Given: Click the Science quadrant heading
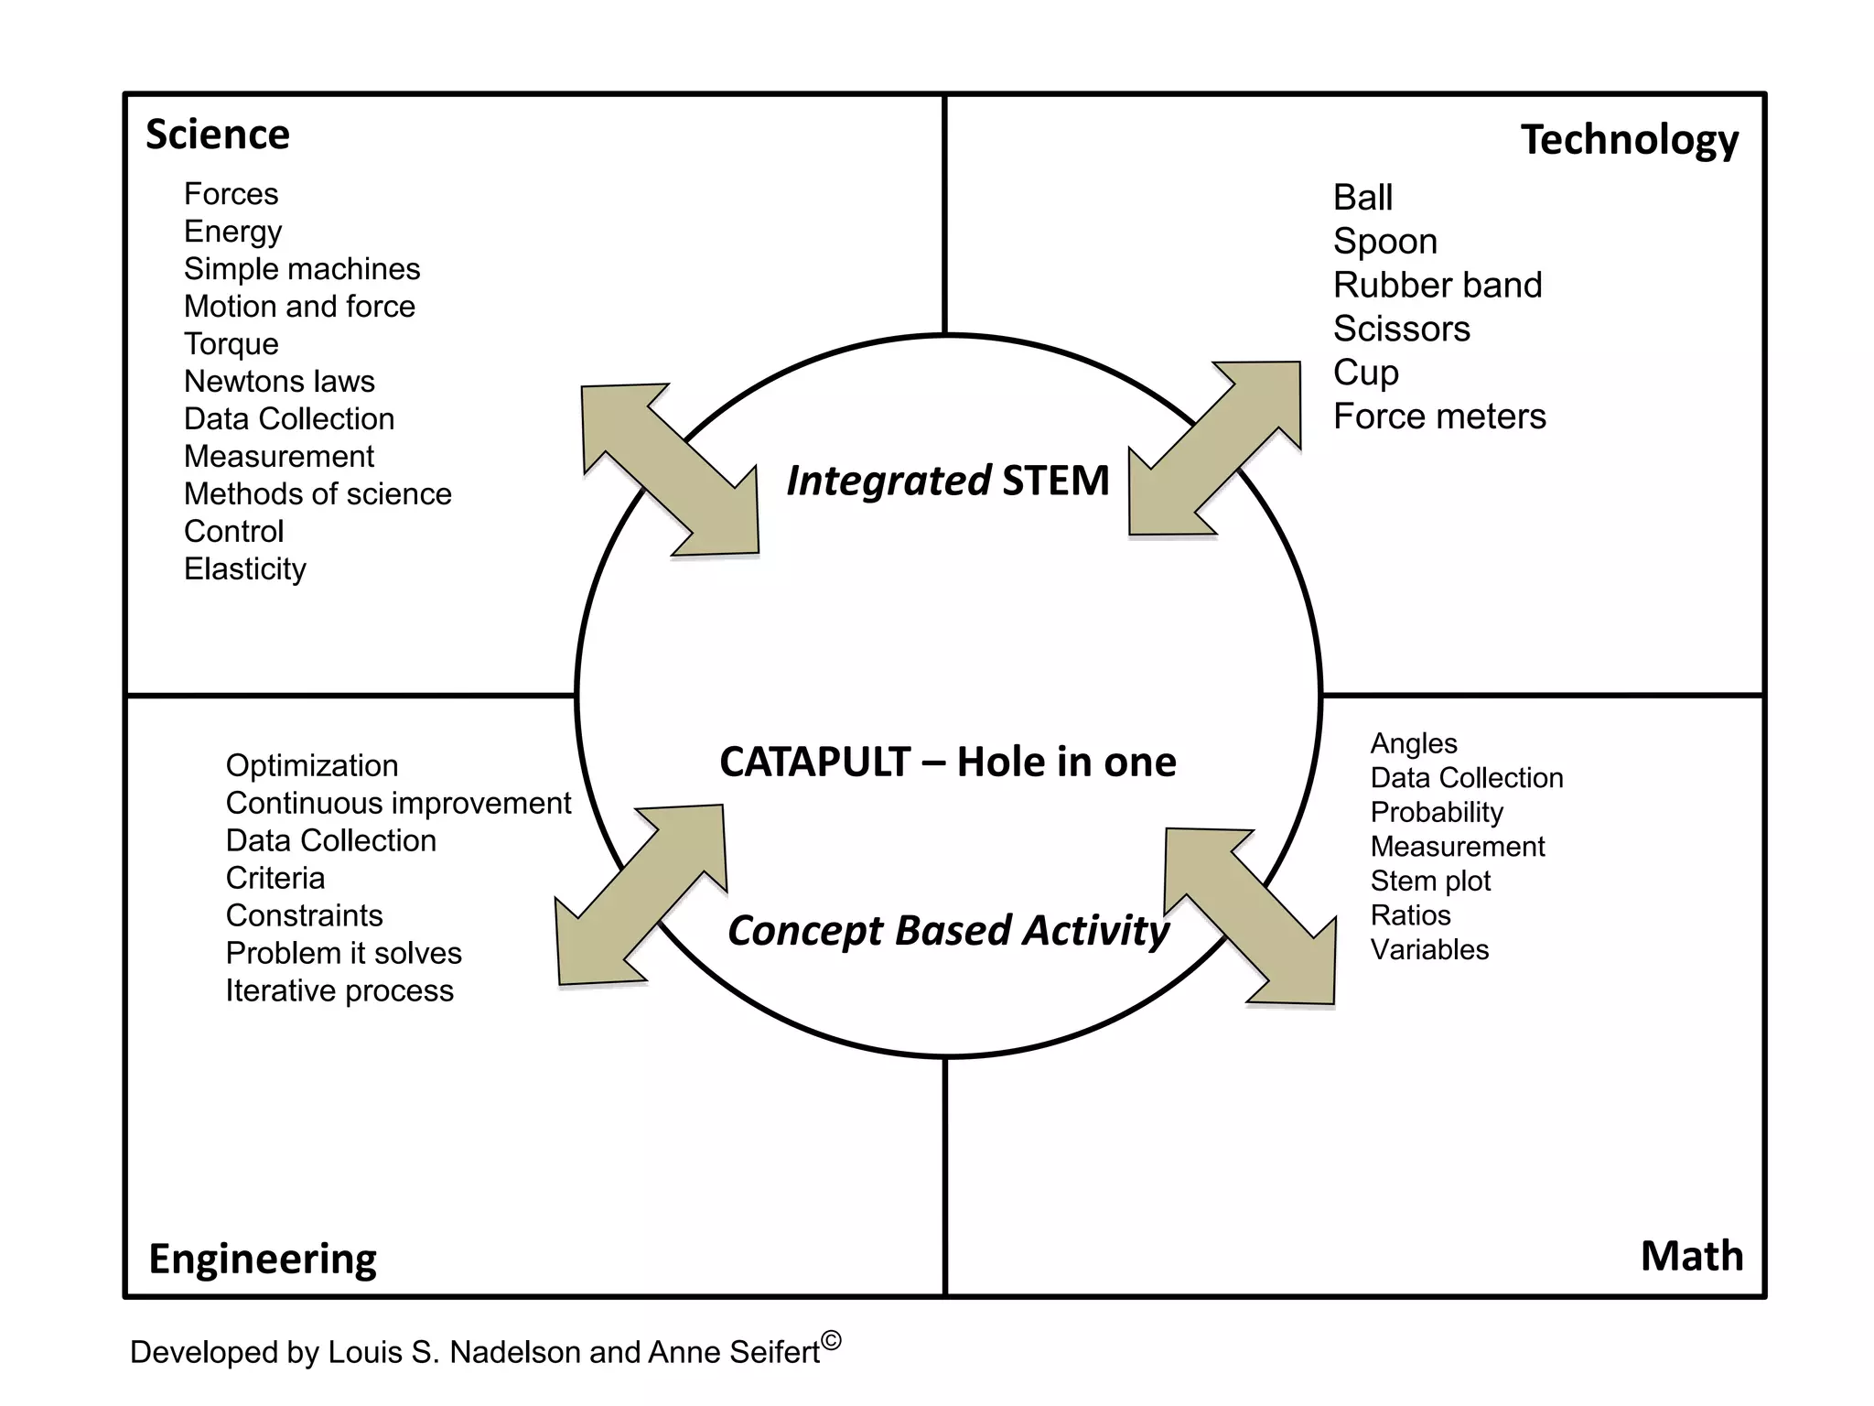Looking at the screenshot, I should tap(218, 135).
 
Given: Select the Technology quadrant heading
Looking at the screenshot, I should tap(1629, 140).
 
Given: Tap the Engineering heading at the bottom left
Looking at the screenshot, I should tap(263, 1259).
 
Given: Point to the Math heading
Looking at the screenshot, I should tap(1691, 1255).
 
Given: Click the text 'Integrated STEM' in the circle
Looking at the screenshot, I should tap(948, 481).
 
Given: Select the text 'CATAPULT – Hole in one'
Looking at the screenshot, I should tap(948, 762).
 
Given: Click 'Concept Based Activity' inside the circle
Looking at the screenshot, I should tap(948, 930).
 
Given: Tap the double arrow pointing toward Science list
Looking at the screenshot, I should tap(670, 470).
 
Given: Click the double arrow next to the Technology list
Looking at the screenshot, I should tap(1215, 448).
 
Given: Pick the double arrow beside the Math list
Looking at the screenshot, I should tap(1250, 915).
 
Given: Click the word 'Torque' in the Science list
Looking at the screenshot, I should tap(232, 344).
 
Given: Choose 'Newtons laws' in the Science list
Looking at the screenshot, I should tap(279, 382).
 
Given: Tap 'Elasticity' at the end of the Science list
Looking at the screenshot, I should tap(245, 569).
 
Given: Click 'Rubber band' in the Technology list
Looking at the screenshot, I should tap(1438, 286).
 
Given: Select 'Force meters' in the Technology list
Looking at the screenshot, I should tap(1439, 417).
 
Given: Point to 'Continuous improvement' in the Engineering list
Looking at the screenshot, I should tap(398, 804).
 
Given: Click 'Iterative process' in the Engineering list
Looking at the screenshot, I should tap(339, 991).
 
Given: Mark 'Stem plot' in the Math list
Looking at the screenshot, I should tap(1430, 881).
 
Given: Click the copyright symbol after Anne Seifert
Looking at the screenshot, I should tap(831, 1341).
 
